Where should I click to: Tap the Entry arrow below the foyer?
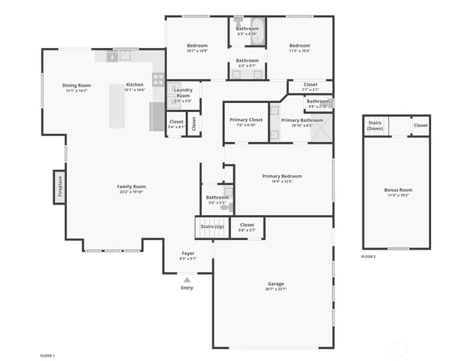[187, 280]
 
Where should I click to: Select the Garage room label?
[275, 284]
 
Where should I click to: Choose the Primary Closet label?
[245, 120]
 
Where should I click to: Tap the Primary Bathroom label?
[302, 120]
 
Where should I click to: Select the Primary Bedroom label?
[282, 176]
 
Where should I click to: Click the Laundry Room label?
[183, 93]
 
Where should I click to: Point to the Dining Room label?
[77, 85]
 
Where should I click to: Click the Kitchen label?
[135, 84]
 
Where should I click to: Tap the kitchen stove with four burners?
[158, 78]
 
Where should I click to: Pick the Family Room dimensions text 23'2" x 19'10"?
[131, 193]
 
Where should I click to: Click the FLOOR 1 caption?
[47, 354]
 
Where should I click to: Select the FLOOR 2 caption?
[368, 257]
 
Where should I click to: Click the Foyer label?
[188, 253]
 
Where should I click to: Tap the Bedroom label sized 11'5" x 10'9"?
[299, 45]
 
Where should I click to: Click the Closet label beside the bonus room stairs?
[420, 126]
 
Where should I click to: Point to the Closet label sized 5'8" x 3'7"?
[247, 225]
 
